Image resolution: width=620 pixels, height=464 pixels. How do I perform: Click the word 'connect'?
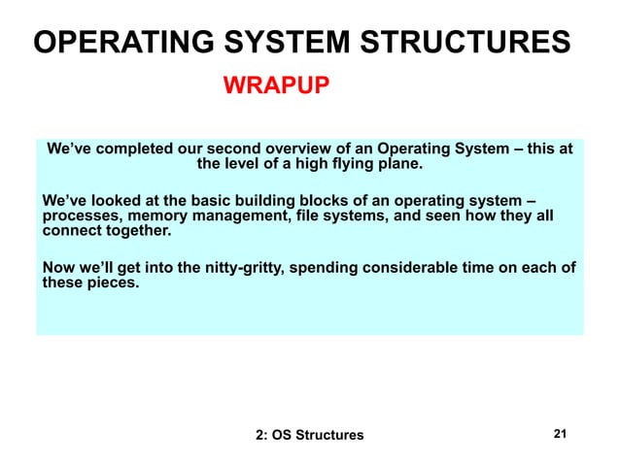coord(72,232)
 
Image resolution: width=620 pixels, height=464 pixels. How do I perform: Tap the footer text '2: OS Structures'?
coord(309,435)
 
